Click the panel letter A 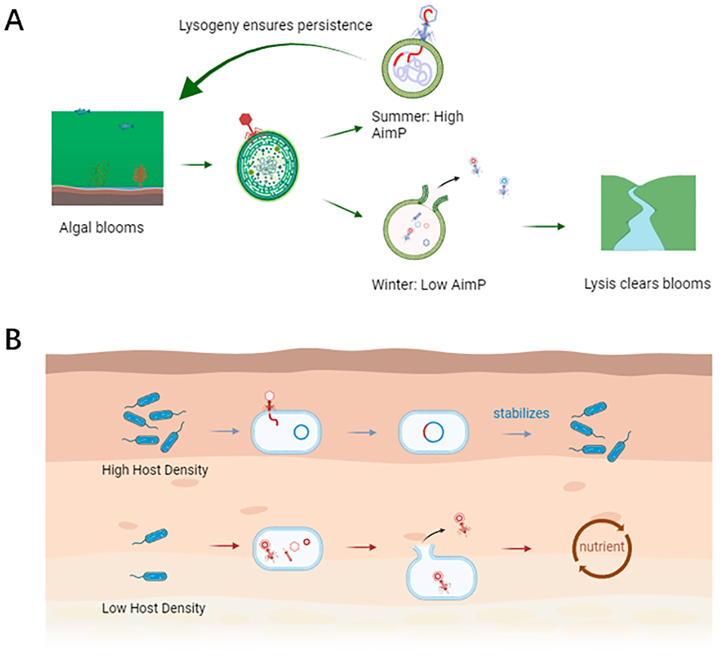point(14,21)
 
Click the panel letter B point(13,340)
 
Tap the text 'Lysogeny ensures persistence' point(275,25)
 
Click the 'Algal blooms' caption point(101,228)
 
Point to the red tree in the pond point(140,175)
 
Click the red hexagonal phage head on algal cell point(245,120)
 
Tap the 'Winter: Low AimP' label point(429,285)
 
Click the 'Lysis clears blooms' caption point(647,284)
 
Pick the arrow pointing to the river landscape point(543,226)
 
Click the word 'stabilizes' point(521,413)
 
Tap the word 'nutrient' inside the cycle point(602,547)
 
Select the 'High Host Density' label point(155,470)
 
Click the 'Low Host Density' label point(154,608)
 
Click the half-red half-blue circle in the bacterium point(433,432)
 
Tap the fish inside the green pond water point(126,126)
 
